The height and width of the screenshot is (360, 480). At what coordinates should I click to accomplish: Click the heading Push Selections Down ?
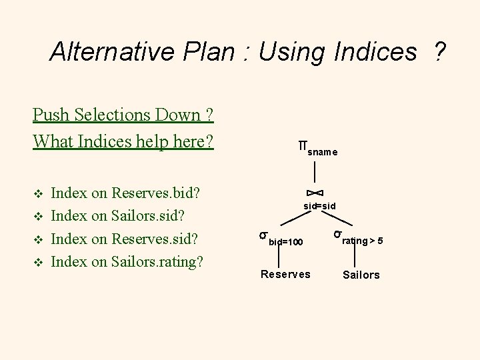click(x=123, y=115)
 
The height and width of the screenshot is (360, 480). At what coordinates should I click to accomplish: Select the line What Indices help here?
click(x=123, y=141)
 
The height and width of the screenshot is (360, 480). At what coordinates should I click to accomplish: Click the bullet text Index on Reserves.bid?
click(x=127, y=193)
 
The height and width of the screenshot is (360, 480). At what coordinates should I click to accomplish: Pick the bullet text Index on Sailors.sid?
click(x=118, y=216)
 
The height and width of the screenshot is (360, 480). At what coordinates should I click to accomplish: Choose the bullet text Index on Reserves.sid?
click(x=126, y=239)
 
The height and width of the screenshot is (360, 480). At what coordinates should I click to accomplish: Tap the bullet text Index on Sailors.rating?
click(x=127, y=261)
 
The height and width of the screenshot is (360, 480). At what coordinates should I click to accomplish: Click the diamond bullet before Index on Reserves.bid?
click(x=37, y=194)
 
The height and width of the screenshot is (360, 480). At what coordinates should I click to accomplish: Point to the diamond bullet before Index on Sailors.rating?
click(x=37, y=262)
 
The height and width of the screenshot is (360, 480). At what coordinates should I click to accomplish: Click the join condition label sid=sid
click(x=319, y=207)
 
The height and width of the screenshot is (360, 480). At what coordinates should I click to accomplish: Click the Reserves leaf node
click(x=285, y=274)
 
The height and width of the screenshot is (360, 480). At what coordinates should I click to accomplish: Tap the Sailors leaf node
click(x=361, y=275)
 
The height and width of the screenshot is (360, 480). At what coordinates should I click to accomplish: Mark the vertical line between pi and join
click(x=306, y=172)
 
